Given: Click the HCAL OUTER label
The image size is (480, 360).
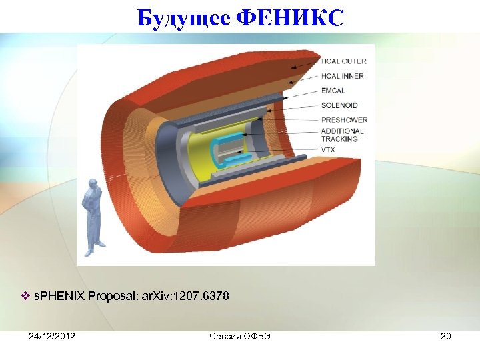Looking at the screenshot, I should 343,61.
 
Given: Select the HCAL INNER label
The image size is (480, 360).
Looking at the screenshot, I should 342,76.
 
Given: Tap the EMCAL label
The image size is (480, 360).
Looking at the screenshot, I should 333,91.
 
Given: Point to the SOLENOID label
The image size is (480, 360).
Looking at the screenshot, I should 339,105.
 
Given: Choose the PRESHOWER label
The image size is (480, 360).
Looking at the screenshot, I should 343,120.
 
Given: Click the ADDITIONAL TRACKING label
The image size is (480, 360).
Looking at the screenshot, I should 342,135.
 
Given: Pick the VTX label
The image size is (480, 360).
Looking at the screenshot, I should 329,150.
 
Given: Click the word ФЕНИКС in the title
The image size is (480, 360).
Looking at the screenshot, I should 291,18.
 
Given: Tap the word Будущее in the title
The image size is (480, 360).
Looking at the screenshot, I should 184,18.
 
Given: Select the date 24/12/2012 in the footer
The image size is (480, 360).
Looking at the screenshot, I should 52,336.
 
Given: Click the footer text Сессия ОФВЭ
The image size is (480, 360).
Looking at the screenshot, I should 239,336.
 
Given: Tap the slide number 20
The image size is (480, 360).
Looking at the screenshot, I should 445,336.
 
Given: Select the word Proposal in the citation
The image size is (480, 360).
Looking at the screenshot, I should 112,296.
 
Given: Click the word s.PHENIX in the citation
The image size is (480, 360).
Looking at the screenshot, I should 59,296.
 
